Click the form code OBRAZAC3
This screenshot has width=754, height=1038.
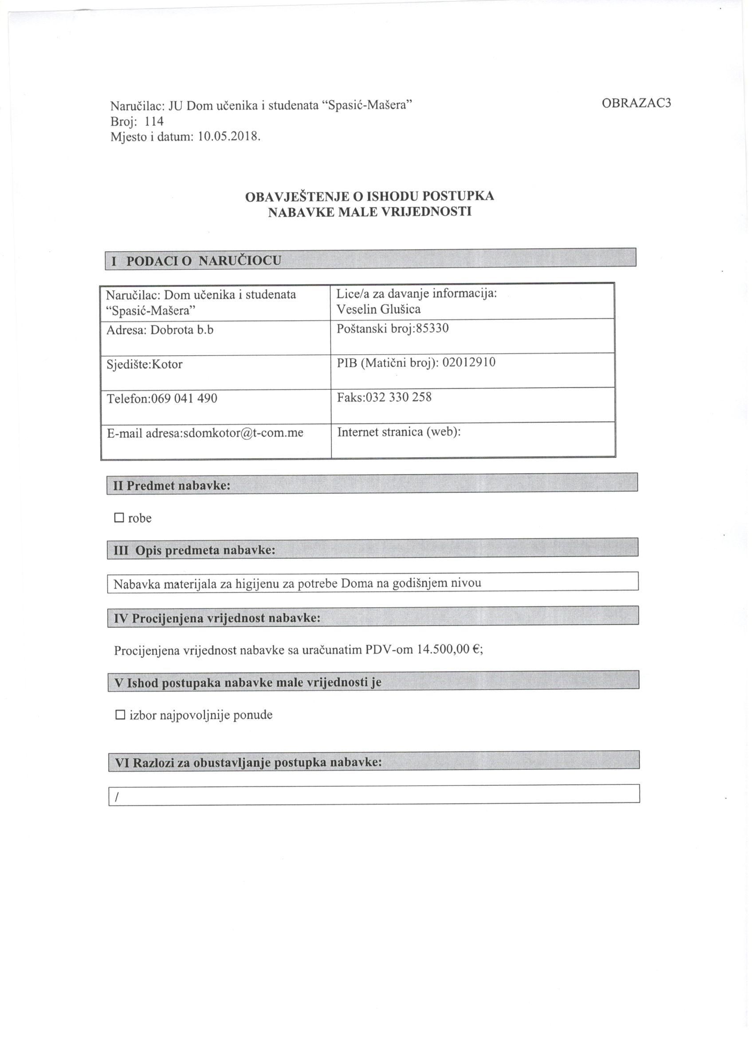[636, 103]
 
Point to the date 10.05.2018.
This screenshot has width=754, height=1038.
[229, 136]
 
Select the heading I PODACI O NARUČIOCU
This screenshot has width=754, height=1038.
[196, 261]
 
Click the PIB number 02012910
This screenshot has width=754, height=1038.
[469, 362]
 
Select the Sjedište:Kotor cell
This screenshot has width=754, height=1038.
[145, 364]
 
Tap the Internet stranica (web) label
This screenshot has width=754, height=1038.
[398, 432]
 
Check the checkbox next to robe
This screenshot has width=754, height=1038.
[119, 518]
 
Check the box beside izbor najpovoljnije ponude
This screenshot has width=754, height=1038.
[120, 715]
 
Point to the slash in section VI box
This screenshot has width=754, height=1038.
[118, 798]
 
